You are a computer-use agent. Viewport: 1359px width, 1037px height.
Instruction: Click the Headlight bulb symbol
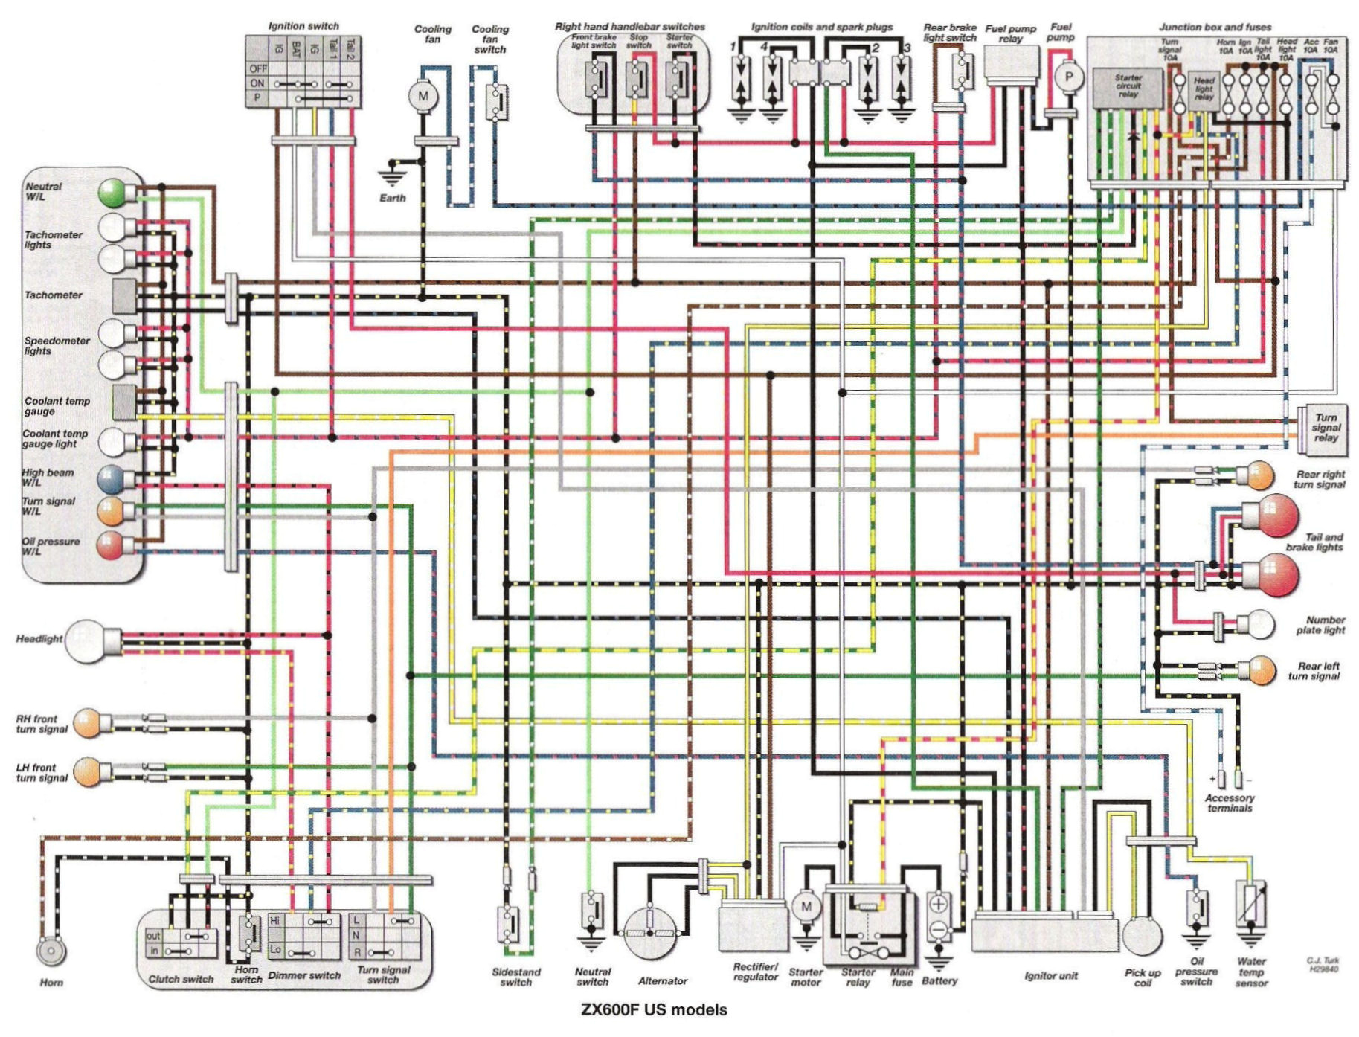coord(84,640)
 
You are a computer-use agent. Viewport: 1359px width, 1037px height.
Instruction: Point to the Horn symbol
coord(51,951)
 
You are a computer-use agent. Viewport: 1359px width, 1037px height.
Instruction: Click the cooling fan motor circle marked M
coord(423,96)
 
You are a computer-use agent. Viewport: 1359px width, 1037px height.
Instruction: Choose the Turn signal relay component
coord(1320,428)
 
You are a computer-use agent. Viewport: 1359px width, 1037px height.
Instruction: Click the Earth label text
coord(393,198)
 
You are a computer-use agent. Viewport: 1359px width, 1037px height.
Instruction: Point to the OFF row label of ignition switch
coord(257,68)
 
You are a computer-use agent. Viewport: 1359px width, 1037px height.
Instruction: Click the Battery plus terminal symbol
coord(938,905)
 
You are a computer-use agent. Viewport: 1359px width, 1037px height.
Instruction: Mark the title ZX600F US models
coord(654,1010)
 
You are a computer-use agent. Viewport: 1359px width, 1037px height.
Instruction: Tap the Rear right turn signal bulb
coord(1259,475)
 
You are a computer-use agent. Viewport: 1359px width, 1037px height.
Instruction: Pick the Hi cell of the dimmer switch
coord(276,920)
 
